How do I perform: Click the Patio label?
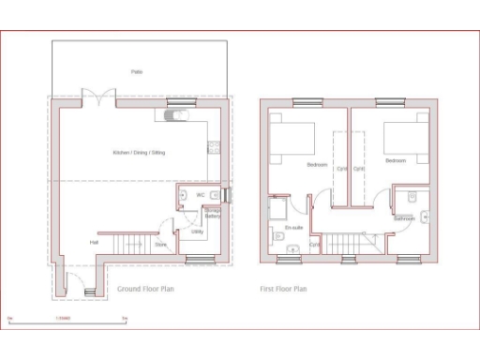tap(137, 71)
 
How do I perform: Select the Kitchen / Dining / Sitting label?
tap(139, 152)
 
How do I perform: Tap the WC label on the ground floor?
tap(201, 194)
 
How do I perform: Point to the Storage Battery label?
tap(213, 215)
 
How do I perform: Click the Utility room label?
tap(198, 231)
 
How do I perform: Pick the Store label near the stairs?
tap(160, 245)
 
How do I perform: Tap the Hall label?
tap(95, 243)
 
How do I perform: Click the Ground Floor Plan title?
tap(145, 289)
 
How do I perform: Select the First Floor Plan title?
tap(283, 289)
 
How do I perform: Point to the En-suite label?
tap(292, 228)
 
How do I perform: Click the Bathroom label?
tap(405, 217)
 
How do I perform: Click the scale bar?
tap(67, 320)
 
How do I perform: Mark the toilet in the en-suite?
tap(292, 248)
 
